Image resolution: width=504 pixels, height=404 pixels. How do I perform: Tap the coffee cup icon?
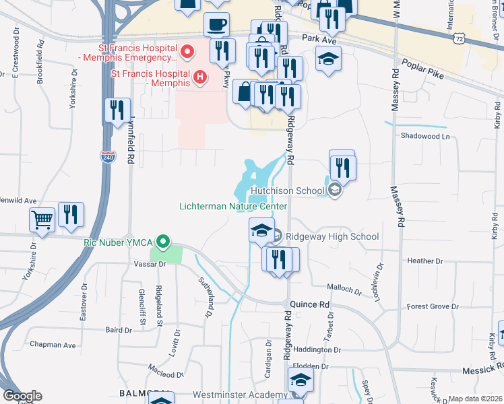point(216,25)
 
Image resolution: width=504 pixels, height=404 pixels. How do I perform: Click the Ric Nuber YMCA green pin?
point(162,241)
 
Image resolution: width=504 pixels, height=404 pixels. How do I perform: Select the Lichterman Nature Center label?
point(233,207)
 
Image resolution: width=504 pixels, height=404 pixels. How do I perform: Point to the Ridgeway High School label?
point(332,236)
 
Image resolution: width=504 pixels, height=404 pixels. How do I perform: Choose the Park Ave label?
point(319,39)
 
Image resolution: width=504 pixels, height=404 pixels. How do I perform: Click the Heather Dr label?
point(425,261)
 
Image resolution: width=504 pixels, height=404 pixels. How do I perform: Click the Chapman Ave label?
point(57,345)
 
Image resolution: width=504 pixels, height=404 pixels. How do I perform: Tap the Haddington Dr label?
point(317,350)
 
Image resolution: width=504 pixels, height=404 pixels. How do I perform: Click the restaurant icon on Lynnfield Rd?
point(118,110)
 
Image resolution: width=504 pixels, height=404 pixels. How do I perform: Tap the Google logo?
point(22,396)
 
